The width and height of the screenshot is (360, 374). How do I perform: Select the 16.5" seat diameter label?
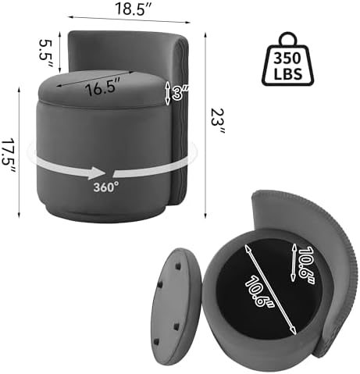[x=102, y=87]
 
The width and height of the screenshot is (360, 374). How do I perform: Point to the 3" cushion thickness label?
[x=180, y=93]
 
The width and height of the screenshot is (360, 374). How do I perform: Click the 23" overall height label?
[x=218, y=121]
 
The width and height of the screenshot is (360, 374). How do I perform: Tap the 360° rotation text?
[x=106, y=187]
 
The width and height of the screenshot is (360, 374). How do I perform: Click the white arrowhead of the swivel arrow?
[x=97, y=173]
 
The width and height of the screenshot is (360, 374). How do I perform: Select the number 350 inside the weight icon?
[x=287, y=58]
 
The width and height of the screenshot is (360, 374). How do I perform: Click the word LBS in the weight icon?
[x=288, y=73]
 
